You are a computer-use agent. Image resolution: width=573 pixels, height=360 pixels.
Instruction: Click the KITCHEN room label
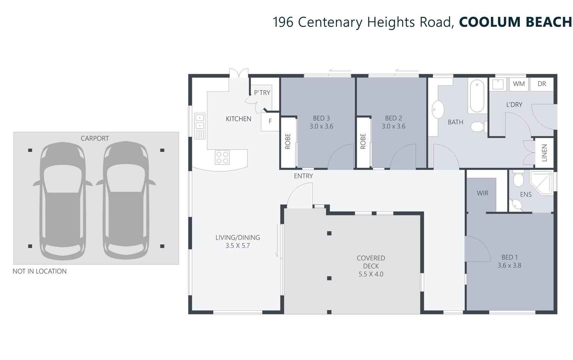click(238, 119)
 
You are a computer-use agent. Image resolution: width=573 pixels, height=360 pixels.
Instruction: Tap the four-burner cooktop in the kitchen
click(222, 157)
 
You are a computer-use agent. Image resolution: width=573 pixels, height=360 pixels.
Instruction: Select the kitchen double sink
click(200, 126)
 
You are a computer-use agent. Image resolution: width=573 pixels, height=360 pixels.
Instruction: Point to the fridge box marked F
click(270, 122)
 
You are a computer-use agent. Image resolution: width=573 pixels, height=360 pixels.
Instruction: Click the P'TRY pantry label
click(262, 93)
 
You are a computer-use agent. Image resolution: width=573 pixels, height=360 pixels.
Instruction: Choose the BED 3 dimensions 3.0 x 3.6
click(321, 126)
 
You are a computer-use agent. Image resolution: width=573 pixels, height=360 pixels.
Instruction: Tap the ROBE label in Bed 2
click(363, 141)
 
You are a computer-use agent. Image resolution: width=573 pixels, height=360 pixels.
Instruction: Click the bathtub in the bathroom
click(477, 96)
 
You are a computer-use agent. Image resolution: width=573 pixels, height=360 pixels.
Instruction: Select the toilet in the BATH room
click(478, 127)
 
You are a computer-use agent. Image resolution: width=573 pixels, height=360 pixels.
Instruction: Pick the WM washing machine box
click(519, 84)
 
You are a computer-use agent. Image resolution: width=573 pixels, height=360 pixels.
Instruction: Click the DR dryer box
click(542, 84)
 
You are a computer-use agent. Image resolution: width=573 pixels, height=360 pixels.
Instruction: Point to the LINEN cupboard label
click(544, 153)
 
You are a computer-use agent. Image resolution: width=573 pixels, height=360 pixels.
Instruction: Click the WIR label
click(483, 193)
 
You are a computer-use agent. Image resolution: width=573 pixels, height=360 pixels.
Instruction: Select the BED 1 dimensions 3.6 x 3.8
click(509, 266)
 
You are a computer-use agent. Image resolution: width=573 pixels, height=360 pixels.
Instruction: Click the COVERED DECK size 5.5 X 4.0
click(371, 274)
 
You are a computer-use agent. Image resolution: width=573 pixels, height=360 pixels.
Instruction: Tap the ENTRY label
click(303, 176)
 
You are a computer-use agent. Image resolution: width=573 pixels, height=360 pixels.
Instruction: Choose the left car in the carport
click(63, 201)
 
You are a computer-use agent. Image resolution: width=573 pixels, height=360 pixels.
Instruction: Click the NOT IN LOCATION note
click(40, 271)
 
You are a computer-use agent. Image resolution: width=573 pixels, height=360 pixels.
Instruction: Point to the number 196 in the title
click(283, 22)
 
